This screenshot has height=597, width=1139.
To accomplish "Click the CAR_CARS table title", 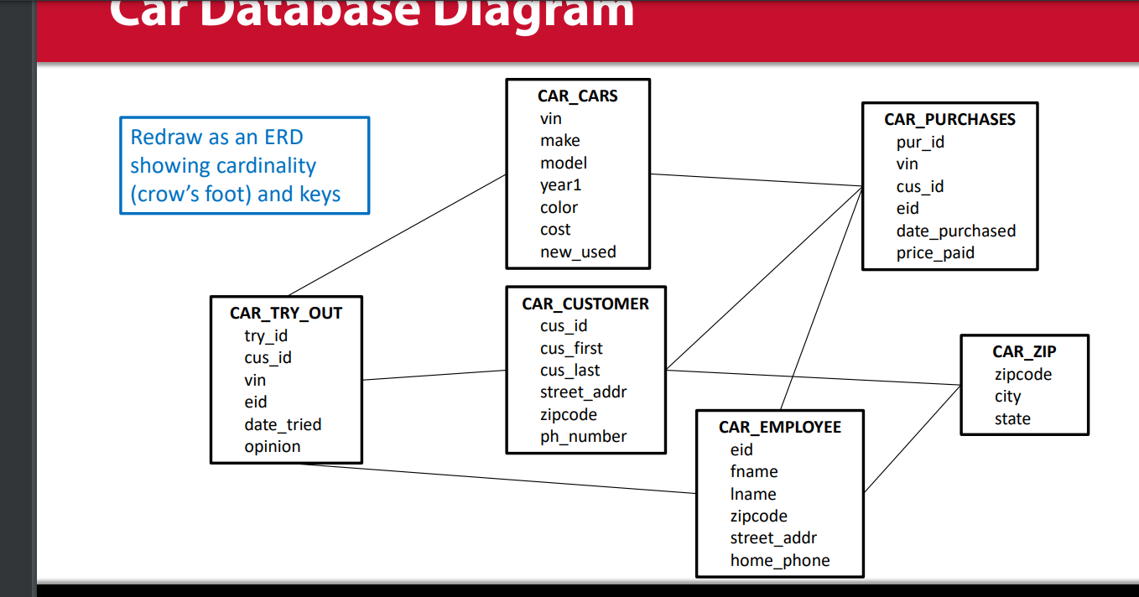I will coord(577,96).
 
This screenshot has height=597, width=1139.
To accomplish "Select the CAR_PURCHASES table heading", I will coord(949,120).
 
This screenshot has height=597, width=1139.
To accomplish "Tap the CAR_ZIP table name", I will coord(1024,352).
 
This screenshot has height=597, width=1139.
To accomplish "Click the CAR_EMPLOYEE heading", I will coord(779,428).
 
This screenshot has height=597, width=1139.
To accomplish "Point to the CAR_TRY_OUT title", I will coord(286,314).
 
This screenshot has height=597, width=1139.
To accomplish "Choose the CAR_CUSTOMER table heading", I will coord(585,304).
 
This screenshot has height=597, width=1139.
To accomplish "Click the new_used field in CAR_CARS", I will coord(578,252).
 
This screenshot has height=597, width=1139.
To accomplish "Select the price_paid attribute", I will coord(935,252).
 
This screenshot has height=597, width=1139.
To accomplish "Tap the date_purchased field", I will coord(955,231).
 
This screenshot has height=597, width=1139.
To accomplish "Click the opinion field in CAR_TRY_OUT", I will coord(272,447).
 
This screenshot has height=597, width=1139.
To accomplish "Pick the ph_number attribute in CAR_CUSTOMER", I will coord(583,437).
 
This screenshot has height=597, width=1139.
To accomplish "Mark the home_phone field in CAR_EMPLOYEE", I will coord(779,561).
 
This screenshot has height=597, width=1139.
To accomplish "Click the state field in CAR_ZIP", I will coord(1012,419).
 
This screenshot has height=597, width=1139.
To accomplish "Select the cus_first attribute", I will coord(571,348).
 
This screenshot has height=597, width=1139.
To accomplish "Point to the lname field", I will coord(753,495).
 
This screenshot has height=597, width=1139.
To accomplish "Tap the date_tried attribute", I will coord(283,425).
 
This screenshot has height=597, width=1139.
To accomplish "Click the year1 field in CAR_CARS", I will coord(560,185).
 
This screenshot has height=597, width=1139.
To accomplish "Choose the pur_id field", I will coord(920,143).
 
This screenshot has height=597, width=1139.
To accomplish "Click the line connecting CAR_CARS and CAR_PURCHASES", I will coord(755,180).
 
